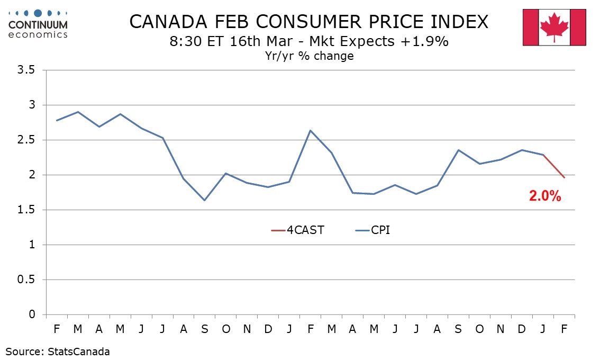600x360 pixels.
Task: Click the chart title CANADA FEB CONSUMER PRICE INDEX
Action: click(x=308, y=22)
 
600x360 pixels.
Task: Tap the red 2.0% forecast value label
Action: click(x=544, y=196)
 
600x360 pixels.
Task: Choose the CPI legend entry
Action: click(x=380, y=230)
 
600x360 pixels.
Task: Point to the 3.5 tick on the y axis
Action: click(x=28, y=70)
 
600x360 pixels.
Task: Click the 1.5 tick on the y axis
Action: click(x=28, y=210)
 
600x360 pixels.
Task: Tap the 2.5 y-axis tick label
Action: click(x=28, y=140)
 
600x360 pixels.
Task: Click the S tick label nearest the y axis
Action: click(x=205, y=329)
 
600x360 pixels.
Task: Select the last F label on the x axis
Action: click(x=565, y=329)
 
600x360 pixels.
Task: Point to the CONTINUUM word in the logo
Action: click(x=38, y=24)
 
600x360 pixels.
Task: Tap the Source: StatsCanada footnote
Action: click(x=58, y=351)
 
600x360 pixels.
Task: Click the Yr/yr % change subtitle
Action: click(x=309, y=56)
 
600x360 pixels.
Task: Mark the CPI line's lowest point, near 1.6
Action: click(x=205, y=200)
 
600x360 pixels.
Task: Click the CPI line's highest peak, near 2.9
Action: click(x=78, y=112)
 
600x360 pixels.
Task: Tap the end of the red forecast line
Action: click(x=565, y=177)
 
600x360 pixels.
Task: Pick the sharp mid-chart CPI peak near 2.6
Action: click(x=311, y=130)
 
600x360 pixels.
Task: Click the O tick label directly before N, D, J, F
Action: click(x=480, y=329)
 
